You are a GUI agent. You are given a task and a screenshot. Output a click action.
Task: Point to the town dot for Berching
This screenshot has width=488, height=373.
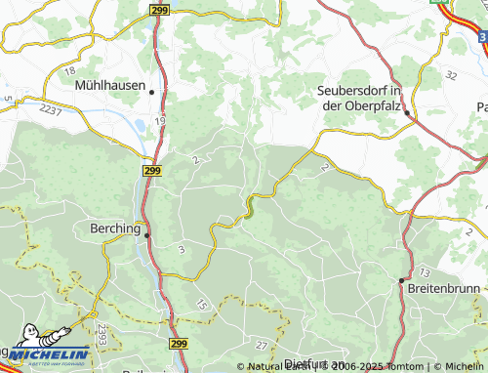[x=147, y=235]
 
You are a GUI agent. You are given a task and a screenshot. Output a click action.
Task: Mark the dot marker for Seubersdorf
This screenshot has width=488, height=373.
[x=408, y=113]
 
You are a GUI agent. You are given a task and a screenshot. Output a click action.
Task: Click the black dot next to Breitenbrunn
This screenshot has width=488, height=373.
[x=401, y=280]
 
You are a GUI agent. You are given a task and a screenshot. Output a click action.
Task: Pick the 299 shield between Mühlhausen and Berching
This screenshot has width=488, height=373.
[x=151, y=170]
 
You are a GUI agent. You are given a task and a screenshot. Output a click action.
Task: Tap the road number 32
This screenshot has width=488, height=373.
[x=450, y=74]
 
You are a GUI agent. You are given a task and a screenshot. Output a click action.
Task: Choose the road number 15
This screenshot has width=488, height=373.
[x=201, y=307]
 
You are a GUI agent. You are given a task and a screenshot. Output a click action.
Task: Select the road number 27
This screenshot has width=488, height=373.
[x=261, y=346]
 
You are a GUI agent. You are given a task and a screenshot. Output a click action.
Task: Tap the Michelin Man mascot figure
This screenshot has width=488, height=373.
[x=16, y=350]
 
